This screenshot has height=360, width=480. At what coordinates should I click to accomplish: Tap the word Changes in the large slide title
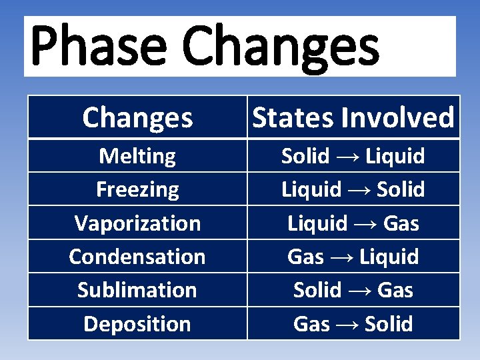[280, 47]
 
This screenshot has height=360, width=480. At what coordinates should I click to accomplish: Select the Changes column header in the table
[137, 118]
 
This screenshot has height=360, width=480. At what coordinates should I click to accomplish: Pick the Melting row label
[137, 156]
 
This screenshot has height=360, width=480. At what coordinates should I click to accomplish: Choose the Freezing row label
[137, 189]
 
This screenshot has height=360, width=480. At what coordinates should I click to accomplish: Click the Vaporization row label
[137, 223]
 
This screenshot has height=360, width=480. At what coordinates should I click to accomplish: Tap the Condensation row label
[137, 256]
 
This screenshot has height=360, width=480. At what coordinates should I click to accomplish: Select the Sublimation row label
[137, 290]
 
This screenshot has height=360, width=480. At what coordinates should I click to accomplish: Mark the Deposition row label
[137, 323]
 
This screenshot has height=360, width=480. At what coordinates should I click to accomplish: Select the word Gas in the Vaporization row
[401, 223]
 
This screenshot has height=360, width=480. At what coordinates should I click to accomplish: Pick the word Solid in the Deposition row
[389, 323]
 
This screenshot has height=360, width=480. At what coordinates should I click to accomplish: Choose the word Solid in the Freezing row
[401, 189]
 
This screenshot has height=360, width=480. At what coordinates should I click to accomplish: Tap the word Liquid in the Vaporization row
[317, 223]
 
